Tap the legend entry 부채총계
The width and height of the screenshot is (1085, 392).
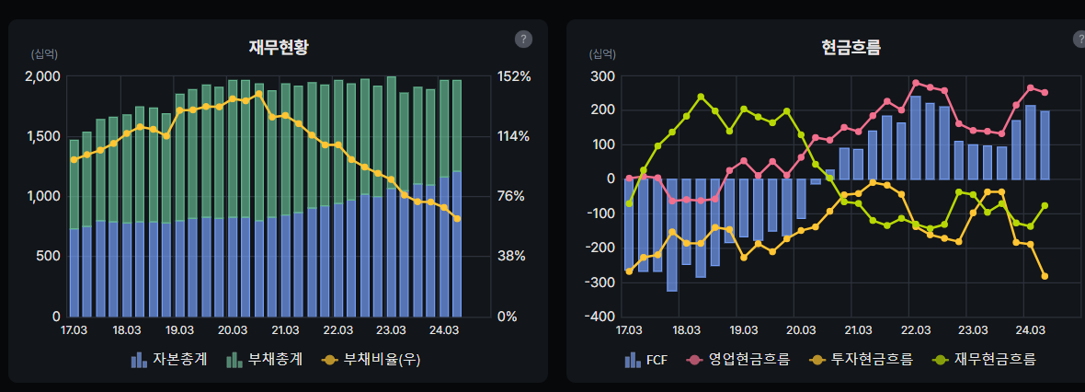pos(264,359)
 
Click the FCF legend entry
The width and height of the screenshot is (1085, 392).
pos(646,359)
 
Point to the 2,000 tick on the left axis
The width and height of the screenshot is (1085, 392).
pos(41,76)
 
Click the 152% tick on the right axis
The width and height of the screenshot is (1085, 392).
pos(514,76)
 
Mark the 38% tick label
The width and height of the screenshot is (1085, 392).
pos(511,257)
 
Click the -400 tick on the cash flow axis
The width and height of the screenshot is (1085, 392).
pos(600,317)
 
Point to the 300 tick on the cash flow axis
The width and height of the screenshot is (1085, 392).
pos(602,76)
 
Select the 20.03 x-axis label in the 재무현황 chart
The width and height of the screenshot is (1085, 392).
pos(233,329)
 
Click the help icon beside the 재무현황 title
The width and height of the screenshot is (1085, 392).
pos(523,39)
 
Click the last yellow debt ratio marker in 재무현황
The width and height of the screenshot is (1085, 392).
pos(457,218)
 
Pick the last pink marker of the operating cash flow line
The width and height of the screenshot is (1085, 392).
pos(1045,93)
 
